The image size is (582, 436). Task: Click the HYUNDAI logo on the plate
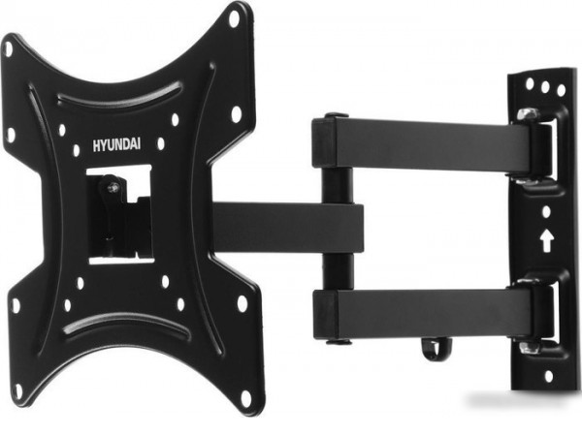tap(116, 145)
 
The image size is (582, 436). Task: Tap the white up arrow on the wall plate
tap(547, 240)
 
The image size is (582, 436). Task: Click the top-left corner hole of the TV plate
tap(8, 48)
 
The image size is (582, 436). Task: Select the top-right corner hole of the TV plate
tap(235, 18)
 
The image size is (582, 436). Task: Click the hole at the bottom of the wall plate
tap(549, 377)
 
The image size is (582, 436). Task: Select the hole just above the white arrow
tap(546, 211)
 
